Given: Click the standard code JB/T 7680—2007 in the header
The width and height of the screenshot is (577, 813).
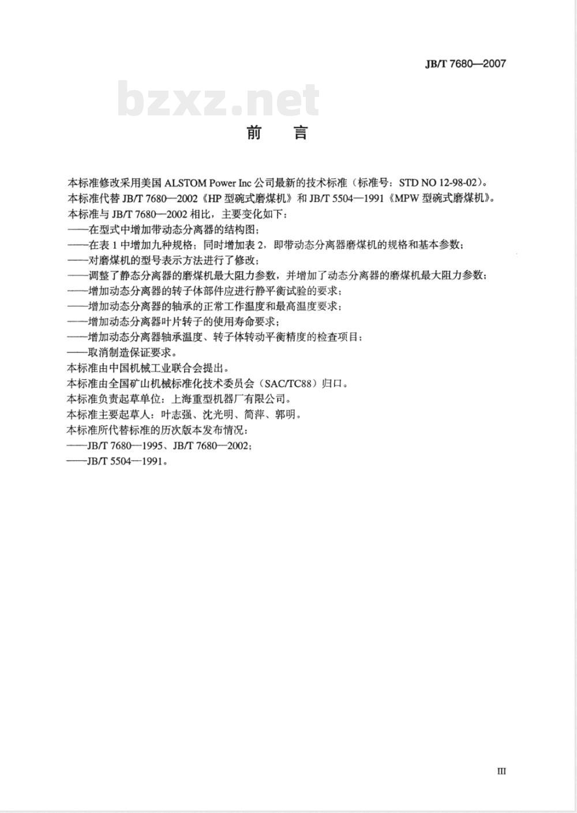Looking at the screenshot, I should [x=465, y=64].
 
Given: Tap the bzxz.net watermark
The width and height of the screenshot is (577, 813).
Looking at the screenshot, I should [x=218, y=100].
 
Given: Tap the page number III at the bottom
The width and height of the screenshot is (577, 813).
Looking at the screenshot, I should [x=501, y=771].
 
